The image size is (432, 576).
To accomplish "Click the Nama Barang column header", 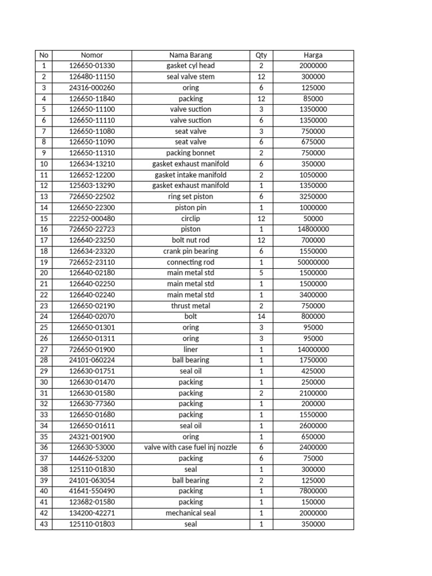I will [x=191, y=55].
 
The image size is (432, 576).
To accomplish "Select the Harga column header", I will [x=313, y=55].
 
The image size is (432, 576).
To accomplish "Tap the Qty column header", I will [x=261, y=55].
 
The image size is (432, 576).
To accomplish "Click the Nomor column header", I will [x=92, y=55].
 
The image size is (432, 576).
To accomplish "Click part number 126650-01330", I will [x=92, y=66].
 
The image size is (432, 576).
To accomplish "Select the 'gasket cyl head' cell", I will [x=191, y=66].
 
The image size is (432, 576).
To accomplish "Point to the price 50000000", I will [x=313, y=262].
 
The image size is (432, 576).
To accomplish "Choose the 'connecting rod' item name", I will [x=191, y=262].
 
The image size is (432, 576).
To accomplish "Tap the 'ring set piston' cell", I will [x=191, y=196].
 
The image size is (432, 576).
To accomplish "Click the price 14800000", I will [x=313, y=229].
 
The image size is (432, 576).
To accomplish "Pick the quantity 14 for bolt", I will [x=261, y=317].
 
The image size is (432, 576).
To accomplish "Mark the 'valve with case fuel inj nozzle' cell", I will [x=191, y=447].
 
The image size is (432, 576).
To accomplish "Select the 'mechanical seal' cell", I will [x=191, y=513].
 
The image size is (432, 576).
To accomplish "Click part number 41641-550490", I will [x=92, y=491].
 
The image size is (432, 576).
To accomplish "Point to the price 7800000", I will [x=313, y=491].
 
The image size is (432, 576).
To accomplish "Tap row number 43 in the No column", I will [x=43, y=524].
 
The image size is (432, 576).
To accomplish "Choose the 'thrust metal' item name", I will [x=191, y=305].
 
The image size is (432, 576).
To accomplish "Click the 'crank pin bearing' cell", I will [x=191, y=251].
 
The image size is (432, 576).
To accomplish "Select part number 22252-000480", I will [x=92, y=218].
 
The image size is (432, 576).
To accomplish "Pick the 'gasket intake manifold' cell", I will [x=191, y=175].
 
